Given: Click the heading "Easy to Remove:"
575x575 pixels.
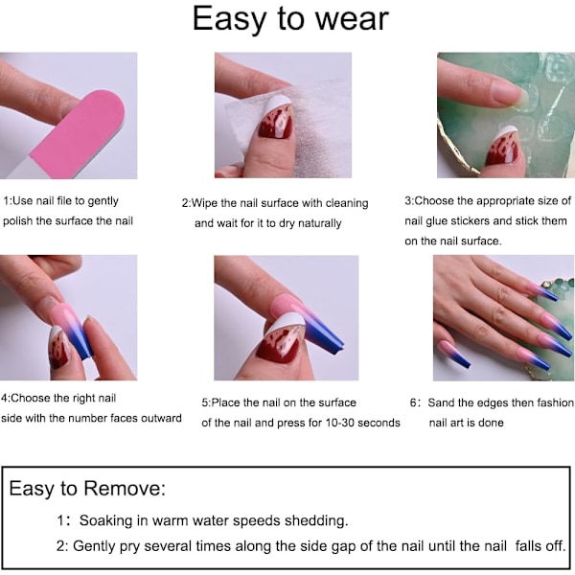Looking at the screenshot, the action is [x=87, y=489].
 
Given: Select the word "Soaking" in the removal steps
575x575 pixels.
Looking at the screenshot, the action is [x=105, y=520].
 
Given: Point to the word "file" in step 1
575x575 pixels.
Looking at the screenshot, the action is [x=64, y=200].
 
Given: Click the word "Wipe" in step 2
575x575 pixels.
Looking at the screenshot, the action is [x=205, y=203].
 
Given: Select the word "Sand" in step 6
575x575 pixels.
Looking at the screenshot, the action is [x=439, y=402].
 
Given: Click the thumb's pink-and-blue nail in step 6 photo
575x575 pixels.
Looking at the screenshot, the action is [x=455, y=354].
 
